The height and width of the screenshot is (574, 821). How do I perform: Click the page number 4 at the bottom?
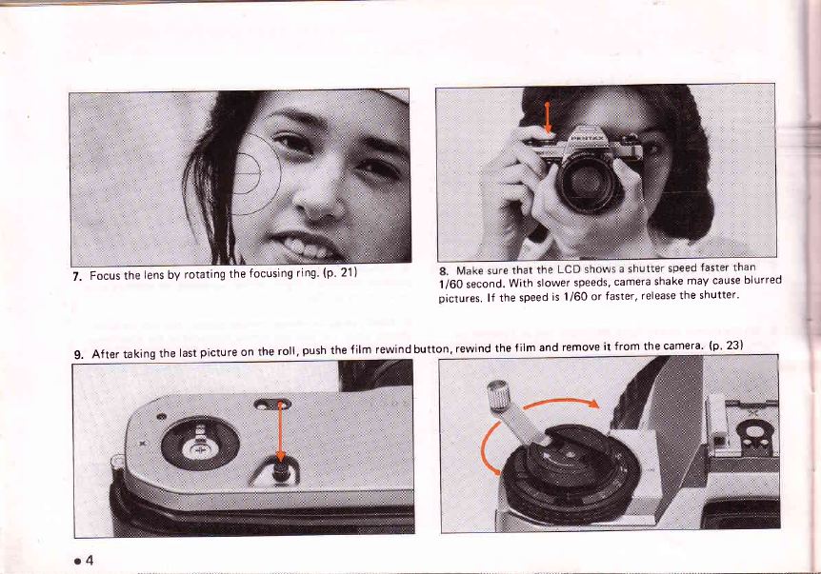pyautogui.click(x=89, y=561)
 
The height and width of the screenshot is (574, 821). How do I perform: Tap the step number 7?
pyautogui.click(x=76, y=277)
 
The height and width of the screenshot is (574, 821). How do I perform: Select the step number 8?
pyautogui.click(x=444, y=271)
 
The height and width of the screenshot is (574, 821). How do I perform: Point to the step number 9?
pyautogui.click(x=78, y=355)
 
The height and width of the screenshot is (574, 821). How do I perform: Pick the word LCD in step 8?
pyautogui.click(x=568, y=270)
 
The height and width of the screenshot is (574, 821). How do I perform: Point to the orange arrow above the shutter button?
pyautogui.click(x=547, y=118)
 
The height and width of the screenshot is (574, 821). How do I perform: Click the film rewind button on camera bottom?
pyautogui.click(x=281, y=471)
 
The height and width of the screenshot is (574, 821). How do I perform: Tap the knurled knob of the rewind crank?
pyautogui.click(x=496, y=394)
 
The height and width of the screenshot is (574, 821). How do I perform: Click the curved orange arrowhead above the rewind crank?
pyautogui.click(x=592, y=403)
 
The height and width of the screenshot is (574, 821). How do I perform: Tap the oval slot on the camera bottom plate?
pyautogui.click(x=272, y=404)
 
